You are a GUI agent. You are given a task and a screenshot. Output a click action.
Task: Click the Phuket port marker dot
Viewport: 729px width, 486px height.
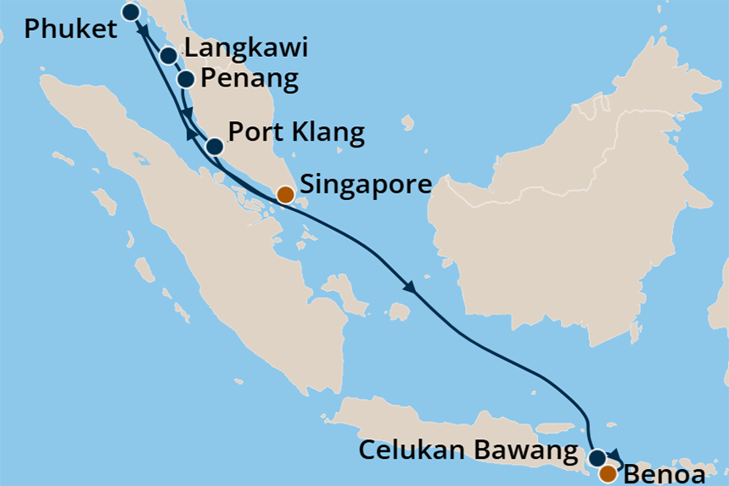(131, 12)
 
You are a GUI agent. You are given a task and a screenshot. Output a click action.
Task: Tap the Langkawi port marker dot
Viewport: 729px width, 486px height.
(168, 56)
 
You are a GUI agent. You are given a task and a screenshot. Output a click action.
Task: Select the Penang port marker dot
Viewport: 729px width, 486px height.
(186, 80)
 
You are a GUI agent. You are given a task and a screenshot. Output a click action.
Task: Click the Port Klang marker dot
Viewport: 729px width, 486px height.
(215, 147)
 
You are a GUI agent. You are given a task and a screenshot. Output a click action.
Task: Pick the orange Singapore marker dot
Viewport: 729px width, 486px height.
(286, 194)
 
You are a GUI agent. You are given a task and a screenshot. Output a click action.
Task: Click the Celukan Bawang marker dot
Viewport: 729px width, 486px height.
(597, 457)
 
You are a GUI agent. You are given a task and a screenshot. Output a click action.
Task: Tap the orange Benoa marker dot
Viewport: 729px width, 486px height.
(608, 474)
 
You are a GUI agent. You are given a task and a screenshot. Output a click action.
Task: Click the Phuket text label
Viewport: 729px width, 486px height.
(70, 30)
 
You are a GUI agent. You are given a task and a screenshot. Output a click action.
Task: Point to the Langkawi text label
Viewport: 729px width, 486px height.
(245, 48)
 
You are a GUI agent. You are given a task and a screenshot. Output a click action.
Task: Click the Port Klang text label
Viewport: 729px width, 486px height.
(297, 133)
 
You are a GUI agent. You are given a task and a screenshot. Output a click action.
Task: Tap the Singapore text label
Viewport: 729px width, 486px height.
(367, 184)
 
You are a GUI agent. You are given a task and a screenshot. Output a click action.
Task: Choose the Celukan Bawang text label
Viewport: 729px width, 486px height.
(468, 450)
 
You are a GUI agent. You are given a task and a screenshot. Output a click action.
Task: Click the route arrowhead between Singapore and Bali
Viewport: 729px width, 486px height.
(410, 288)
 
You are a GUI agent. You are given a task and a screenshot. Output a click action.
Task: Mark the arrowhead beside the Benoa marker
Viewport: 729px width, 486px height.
(617, 455)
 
